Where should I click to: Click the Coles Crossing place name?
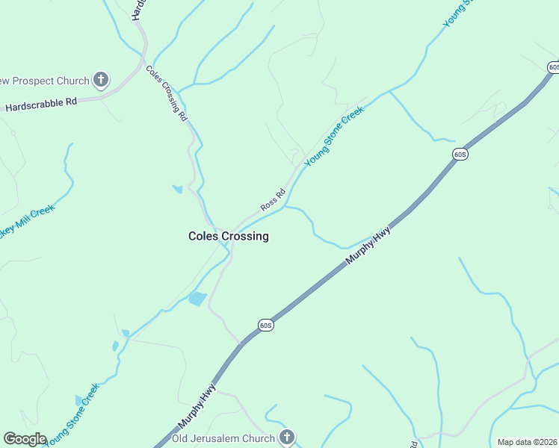[x=228, y=236]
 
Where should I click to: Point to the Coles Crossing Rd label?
[x=167, y=93]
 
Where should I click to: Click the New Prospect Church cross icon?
[x=102, y=80]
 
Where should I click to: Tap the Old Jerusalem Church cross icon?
[x=285, y=437]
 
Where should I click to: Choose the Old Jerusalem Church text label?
[x=224, y=438]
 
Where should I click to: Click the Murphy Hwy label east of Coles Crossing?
[x=368, y=246]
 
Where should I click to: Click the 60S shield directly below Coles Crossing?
[x=267, y=325]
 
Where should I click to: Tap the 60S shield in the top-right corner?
[x=553, y=67]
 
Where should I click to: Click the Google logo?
[x=25, y=439]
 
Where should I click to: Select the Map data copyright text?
[x=528, y=442]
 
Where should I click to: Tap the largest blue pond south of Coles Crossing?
[x=197, y=299]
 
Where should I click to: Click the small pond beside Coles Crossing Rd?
[x=177, y=189]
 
